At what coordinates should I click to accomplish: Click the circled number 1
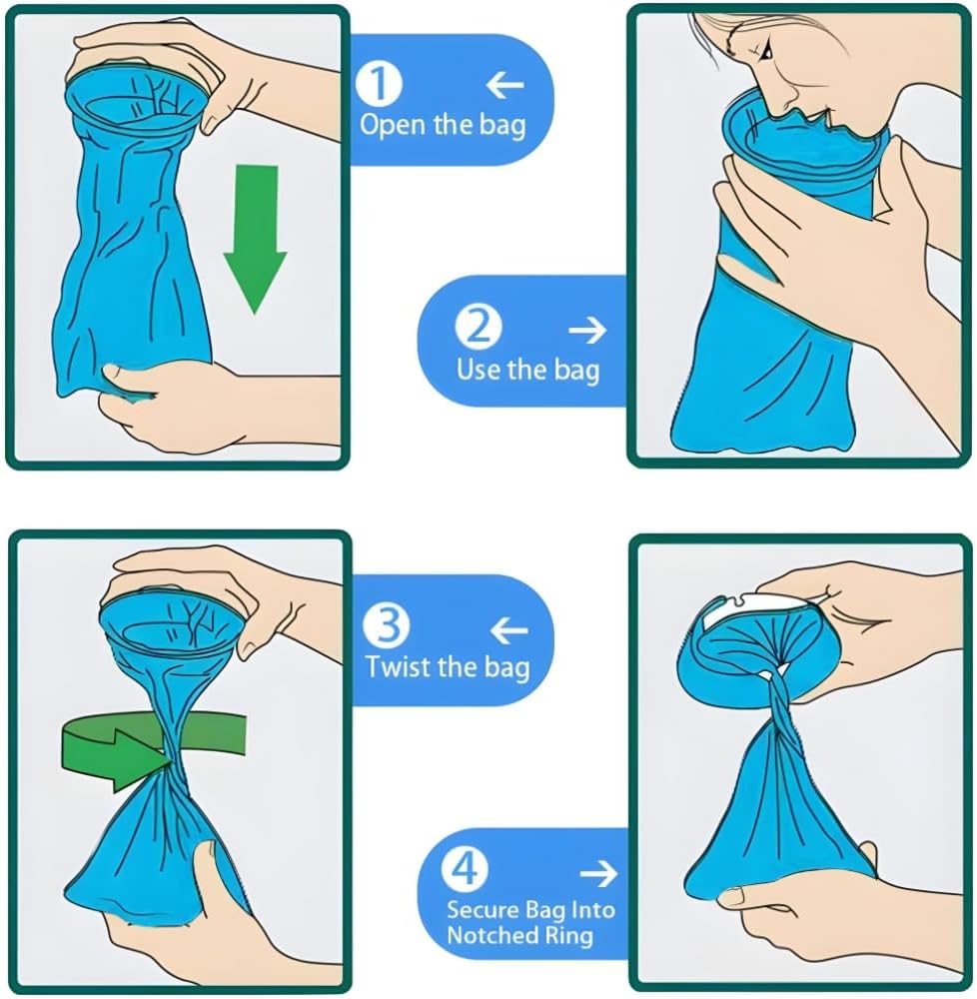click(379, 84)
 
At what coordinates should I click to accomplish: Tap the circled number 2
click(479, 328)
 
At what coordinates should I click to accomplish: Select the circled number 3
click(387, 625)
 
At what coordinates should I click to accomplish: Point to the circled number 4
click(465, 868)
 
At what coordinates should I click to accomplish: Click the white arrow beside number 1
click(505, 84)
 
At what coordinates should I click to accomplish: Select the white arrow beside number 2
click(587, 330)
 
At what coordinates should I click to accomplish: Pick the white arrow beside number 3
click(509, 630)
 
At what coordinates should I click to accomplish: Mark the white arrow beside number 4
click(598, 873)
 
